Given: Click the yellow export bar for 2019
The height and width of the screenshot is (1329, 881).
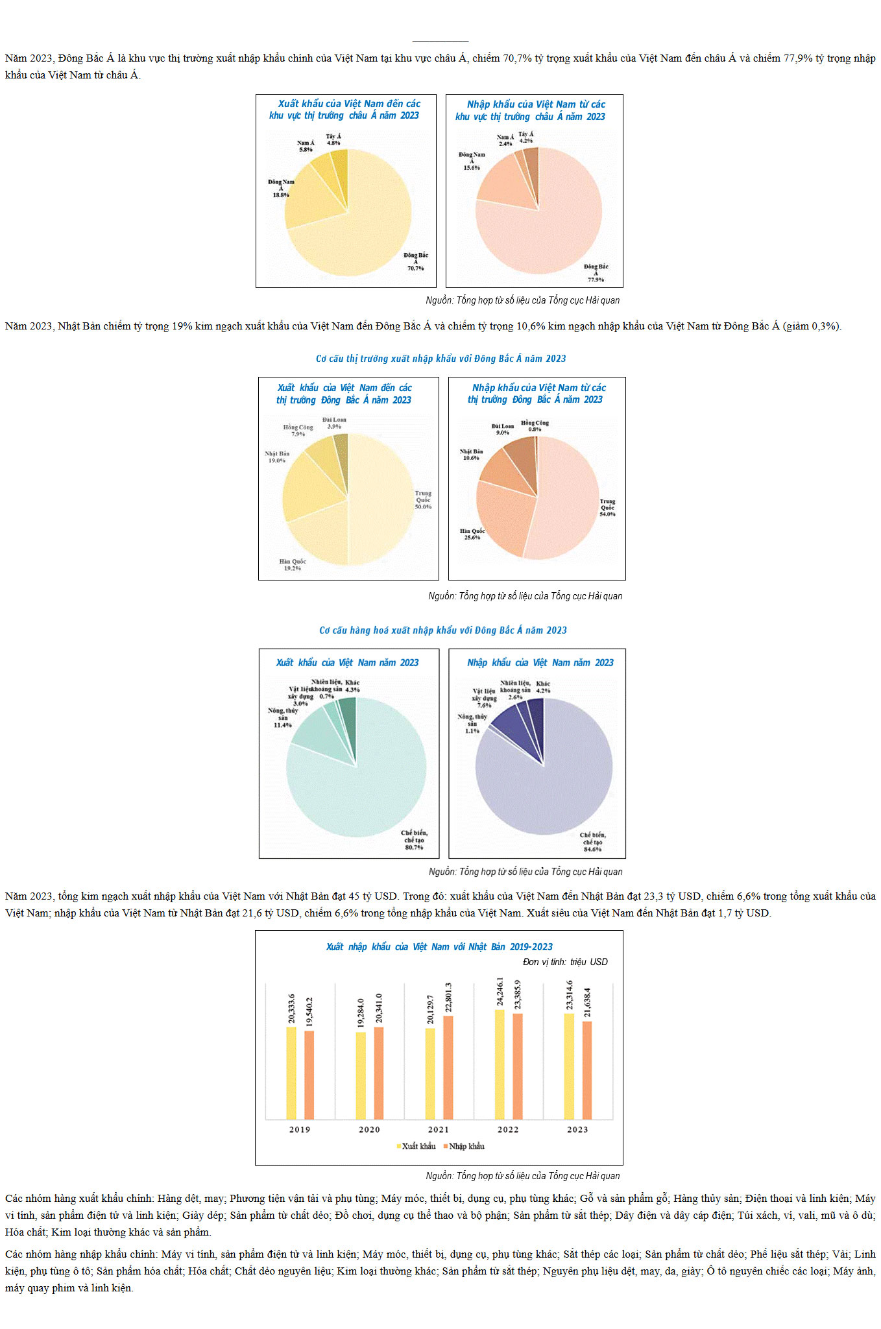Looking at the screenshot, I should click(291, 1073).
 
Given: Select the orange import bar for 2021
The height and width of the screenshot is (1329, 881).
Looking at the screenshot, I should click(448, 1067).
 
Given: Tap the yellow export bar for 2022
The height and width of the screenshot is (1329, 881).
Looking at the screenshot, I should click(500, 1064).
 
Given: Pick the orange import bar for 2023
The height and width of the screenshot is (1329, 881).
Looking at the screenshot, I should click(587, 1070).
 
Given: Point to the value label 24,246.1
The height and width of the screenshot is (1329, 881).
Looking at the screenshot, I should click(500, 992).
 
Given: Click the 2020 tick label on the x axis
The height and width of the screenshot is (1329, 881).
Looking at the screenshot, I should click(369, 1129).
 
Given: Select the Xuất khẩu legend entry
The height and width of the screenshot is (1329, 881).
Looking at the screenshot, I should click(416, 1146).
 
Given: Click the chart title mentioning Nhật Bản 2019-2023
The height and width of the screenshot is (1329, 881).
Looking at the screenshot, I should click(439, 947).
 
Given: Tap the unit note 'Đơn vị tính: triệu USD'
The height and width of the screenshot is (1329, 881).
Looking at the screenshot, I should click(565, 962).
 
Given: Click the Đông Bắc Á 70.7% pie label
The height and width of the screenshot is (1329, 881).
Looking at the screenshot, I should click(416, 261).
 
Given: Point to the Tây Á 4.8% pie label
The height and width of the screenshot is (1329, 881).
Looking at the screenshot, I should click(333, 139).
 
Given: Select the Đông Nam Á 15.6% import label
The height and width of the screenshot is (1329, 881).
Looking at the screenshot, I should click(472, 161).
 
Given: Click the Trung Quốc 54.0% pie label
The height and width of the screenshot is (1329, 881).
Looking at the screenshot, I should click(607, 507).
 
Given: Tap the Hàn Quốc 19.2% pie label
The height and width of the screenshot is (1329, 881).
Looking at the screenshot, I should click(293, 565).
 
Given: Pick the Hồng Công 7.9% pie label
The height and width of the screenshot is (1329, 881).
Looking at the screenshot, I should click(298, 430).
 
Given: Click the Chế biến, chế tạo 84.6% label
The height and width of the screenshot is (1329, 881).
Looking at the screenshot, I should click(593, 842).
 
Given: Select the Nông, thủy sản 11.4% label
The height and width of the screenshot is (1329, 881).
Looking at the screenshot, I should click(283, 717).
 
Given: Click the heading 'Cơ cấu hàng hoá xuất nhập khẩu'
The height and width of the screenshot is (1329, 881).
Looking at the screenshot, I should click(442, 630).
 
